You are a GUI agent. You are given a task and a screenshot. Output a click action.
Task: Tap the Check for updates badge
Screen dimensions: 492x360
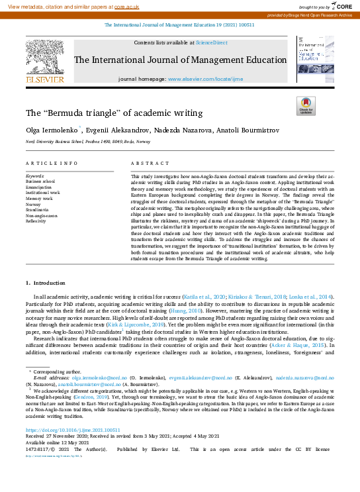(x=306, y=105)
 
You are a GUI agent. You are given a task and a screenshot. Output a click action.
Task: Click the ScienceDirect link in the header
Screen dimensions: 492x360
(x=211, y=42)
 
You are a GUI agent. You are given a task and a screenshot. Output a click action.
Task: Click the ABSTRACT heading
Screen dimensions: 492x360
(x=146, y=163)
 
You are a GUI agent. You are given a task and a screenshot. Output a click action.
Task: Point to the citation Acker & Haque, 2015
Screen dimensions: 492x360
(x=306, y=345)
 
